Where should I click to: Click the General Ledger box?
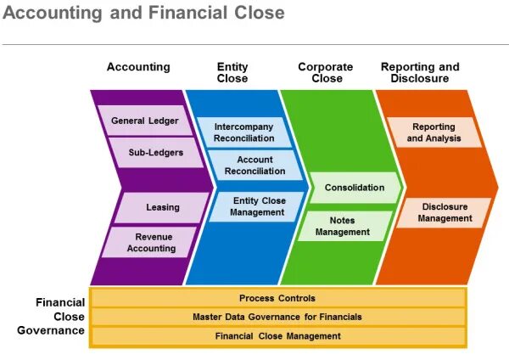tap(145, 121)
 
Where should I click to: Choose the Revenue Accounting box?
tap(151, 242)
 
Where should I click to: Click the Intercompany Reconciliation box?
tap(244, 132)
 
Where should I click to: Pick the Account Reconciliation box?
tap(255, 165)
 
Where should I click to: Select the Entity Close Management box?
tap(257, 206)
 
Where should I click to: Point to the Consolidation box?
tap(354, 188)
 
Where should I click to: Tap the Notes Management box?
tap(344, 226)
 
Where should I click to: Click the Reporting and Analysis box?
tap(433, 132)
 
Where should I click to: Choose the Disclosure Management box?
tap(445, 212)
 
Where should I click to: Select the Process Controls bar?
tap(277, 298)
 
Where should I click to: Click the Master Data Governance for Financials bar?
tap(277, 317)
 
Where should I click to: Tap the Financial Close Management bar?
tap(277, 336)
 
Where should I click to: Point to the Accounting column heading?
tap(138, 67)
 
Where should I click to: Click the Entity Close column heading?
tap(232, 72)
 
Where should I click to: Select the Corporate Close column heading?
tap(325, 72)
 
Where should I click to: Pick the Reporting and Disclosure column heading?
tap(420, 72)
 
